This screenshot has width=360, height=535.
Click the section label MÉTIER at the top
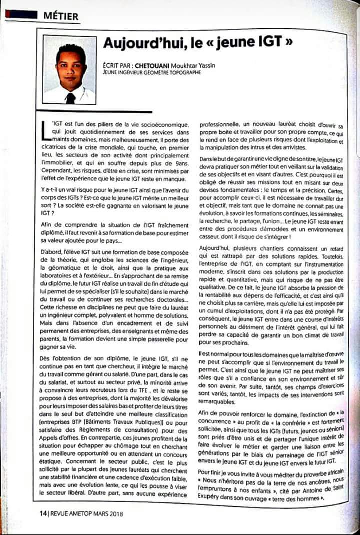tap(60, 16)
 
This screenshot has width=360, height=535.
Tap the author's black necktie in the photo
tap(70, 98)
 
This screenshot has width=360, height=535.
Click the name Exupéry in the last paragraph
tap(213, 498)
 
